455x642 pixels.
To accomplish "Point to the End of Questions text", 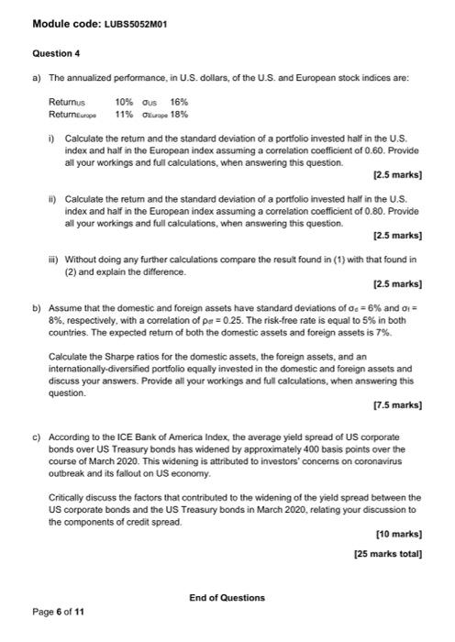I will (227, 598).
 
